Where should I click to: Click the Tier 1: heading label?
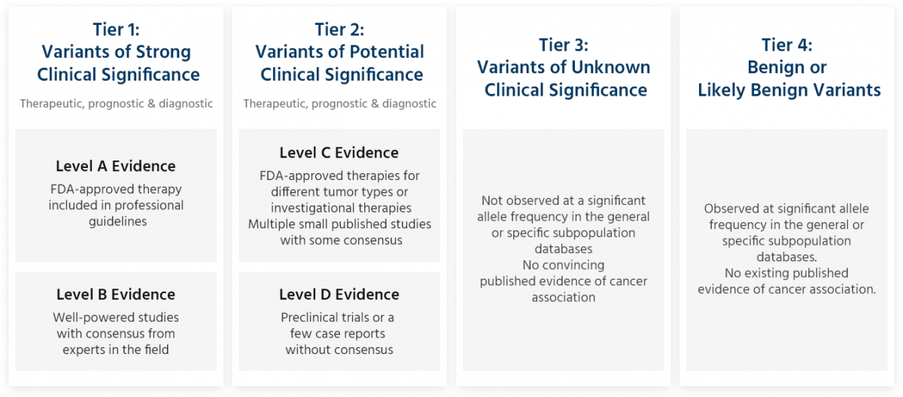tap(116, 29)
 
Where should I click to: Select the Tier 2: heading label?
tap(339, 29)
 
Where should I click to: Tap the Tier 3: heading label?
tap(564, 44)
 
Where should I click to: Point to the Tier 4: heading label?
tap(788, 45)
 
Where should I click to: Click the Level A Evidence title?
tap(115, 166)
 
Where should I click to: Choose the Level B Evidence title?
tap(115, 295)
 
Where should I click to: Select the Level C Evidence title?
tap(339, 153)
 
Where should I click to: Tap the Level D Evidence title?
tap(339, 295)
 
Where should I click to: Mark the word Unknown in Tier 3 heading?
tap(609, 67)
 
